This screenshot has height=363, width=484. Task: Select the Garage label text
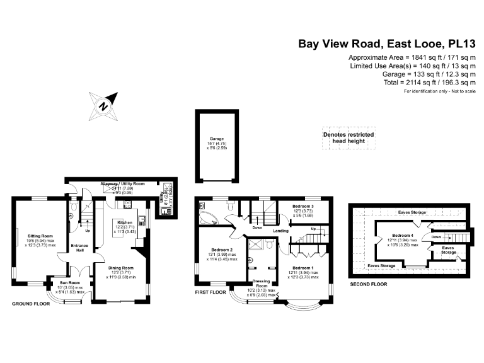pyautogui.click(x=217, y=140)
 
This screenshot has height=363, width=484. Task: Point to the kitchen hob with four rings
pyautogui.click(x=127, y=204)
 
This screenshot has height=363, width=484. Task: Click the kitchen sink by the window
pyautogui.click(x=142, y=220)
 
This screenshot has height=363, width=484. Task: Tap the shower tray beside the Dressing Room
pyautogui.click(x=256, y=245)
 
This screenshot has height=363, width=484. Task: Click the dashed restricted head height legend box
pyautogui.click(x=349, y=138)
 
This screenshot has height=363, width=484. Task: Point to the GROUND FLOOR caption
pyautogui.click(x=31, y=304)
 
